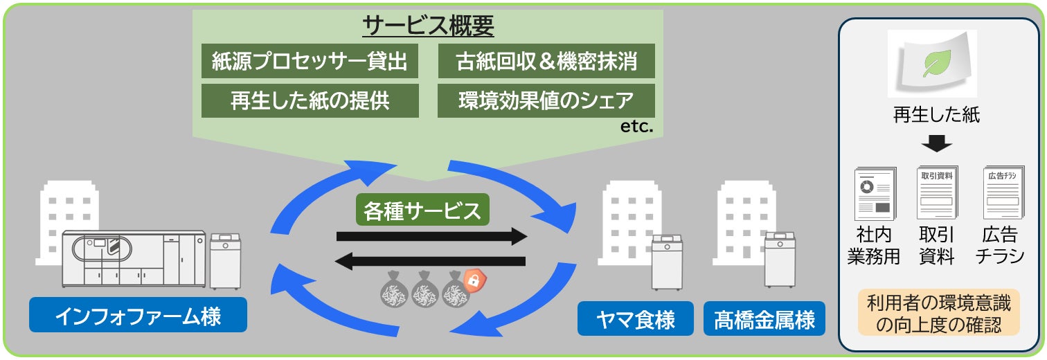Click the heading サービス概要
[x=428, y=26]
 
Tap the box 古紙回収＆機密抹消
[x=546, y=62]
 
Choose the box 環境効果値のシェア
[x=546, y=100]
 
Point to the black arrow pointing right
[x=432, y=237]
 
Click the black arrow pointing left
[x=431, y=262]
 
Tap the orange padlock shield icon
[x=474, y=280]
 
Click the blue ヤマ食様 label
[x=636, y=321]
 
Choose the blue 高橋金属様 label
[x=764, y=321]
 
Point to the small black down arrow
[x=937, y=145]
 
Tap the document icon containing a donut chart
[x=874, y=194]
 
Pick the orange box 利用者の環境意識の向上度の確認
[x=937, y=313]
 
